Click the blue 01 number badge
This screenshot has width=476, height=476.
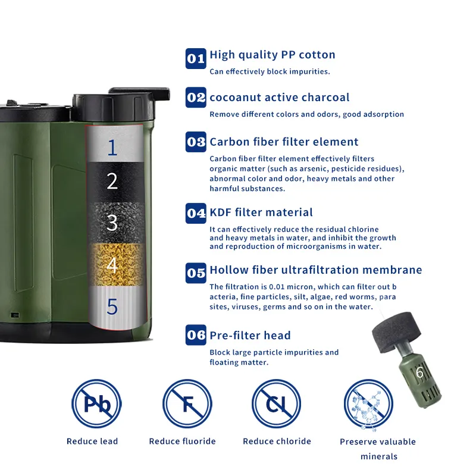click(x=196, y=58)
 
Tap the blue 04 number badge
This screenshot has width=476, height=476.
click(x=196, y=213)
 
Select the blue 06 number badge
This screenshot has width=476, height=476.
click(x=196, y=335)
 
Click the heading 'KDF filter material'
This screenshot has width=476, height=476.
click(x=261, y=212)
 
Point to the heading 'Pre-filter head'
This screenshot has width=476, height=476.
click(x=250, y=335)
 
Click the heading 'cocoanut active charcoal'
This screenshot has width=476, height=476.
click(x=280, y=97)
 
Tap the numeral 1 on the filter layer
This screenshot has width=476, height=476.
click(x=112, y=148)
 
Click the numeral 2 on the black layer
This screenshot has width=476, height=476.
click(x=112, y=181)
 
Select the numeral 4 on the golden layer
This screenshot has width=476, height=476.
click(x=112, y=265)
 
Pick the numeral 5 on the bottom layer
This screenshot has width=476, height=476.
click(x=112, y=306)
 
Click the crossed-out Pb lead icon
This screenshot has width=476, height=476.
click(x=96, y=404)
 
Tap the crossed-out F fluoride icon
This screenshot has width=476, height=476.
click(x=187, y=404)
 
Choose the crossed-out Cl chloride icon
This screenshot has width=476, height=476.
click(x=276, y=404)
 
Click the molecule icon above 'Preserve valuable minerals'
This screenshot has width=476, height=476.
click(x=368, y=405)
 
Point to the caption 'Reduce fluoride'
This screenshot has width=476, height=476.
click(x=183, y=441)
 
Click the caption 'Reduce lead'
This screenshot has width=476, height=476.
click(x=92, y=441)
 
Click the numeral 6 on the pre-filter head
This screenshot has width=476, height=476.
click(x=419, y=372)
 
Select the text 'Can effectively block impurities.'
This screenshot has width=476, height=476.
click(x=270, y=71)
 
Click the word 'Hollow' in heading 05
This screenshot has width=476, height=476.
click(x=229, y=270)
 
